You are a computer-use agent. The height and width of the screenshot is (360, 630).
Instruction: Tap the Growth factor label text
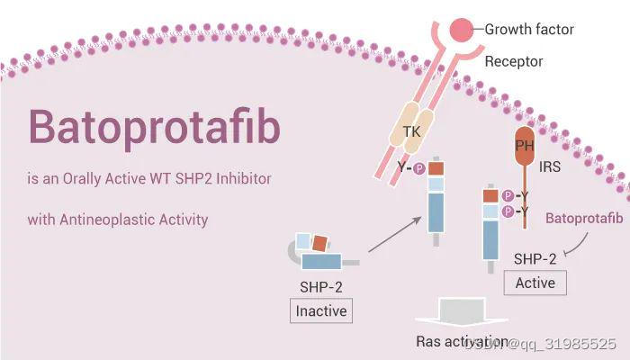(529, 30)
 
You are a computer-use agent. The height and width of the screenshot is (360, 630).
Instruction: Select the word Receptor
(514, 62)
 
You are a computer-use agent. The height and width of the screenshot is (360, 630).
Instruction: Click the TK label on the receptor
(411, 131)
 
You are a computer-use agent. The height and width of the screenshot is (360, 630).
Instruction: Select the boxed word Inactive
(320, 311)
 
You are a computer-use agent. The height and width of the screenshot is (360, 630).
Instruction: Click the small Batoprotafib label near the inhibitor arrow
(584, 219)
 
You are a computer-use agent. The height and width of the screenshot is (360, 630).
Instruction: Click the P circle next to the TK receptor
(418, 168)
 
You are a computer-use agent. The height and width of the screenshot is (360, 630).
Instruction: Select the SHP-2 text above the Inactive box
(320, 287)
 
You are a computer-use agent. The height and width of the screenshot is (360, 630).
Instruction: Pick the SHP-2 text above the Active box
(535, 259)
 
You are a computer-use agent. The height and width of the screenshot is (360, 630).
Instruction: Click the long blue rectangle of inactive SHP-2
(320, 262)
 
